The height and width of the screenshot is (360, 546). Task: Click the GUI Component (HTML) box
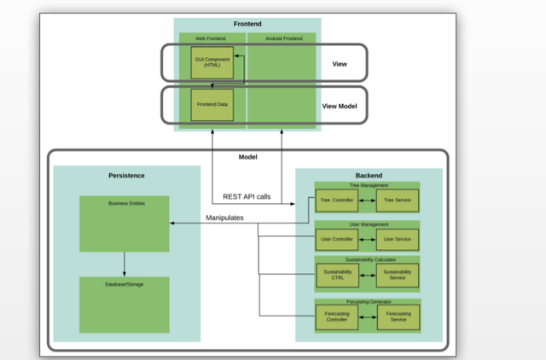(212, 62)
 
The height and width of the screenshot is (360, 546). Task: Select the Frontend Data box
(212, 104)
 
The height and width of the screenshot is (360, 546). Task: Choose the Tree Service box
(398, 200)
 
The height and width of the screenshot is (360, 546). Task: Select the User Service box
(398, 240)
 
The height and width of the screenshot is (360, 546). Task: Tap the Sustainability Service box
(398, 275)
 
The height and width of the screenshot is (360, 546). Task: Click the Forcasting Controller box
(336, 316)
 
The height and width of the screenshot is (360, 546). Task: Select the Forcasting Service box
(398, 316)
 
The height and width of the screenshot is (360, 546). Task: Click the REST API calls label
(247, 197)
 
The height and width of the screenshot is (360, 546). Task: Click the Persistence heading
(126, 176)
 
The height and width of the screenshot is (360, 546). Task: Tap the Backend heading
(369, 175)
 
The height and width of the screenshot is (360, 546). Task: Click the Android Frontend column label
(282, 38)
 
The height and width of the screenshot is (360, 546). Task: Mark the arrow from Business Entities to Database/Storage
(125, 264)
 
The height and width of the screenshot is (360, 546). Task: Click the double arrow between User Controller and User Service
(366, 240)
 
